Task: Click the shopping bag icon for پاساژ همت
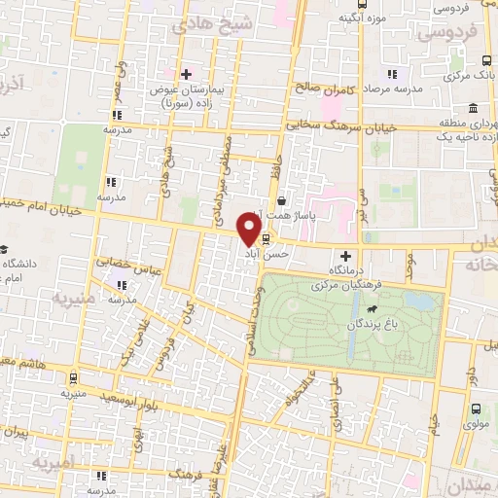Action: (x=281, y=200)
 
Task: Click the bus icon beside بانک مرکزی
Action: (x=393, y=73)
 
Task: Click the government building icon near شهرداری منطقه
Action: (x=472, y=107)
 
